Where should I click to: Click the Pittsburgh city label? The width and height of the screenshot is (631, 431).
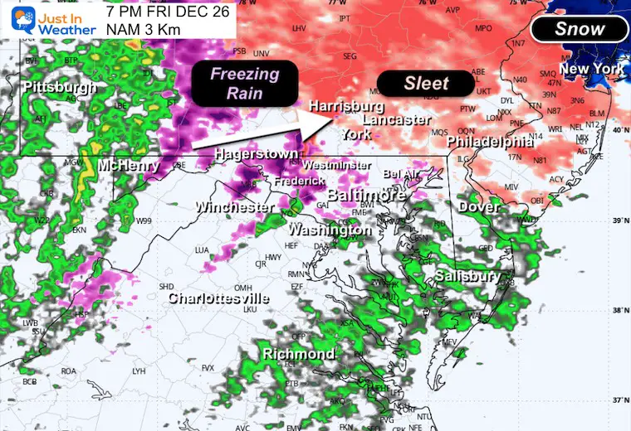[60, 87]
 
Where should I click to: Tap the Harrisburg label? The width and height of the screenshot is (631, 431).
[346, 107]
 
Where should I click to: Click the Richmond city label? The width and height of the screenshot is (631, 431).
[299, 354]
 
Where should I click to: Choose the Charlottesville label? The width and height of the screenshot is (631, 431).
[219, 298]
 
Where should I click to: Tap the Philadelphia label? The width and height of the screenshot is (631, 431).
[490, 143]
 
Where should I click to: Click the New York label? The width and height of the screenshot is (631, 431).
[591, 69]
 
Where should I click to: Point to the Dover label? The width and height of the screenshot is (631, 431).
[479, 206]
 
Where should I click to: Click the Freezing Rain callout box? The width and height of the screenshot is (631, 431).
[244, 83]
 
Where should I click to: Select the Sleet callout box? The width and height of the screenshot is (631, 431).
[426, 84]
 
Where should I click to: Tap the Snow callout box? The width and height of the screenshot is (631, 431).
[579, 29]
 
